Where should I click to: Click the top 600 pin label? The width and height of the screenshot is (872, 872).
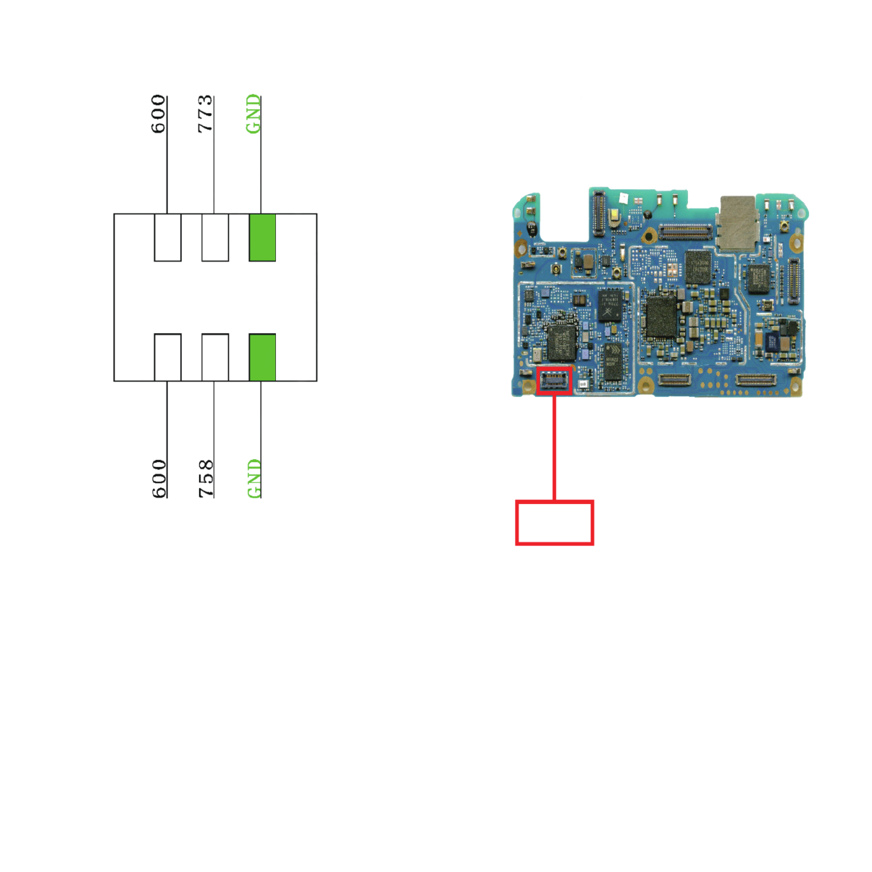pos(158,114)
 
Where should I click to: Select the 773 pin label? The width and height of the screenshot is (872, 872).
pos(205,114)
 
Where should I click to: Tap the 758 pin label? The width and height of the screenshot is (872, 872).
pos(206,478)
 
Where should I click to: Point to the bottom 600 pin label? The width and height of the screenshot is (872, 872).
pos(159,478)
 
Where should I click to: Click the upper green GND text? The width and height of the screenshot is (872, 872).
pos(253,114)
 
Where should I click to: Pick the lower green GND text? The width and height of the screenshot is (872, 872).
pos(254,478)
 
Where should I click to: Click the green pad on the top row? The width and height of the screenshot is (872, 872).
pos(262,238)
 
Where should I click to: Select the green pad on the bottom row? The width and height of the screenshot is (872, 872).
pos(262,358)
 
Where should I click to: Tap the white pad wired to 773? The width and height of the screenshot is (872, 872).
pos(215,238)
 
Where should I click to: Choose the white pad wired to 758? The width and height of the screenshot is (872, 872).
pos(215,358)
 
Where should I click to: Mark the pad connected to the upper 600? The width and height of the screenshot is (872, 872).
pos(167,238)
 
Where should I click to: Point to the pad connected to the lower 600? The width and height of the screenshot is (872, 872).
pos(167,358)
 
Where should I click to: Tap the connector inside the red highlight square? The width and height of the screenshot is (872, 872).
pos(554,381)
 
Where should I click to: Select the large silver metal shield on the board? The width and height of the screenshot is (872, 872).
pos(737,224)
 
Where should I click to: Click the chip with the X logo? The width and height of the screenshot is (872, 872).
pos(611,306)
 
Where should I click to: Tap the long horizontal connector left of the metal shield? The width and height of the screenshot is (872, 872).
pos(685,232)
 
